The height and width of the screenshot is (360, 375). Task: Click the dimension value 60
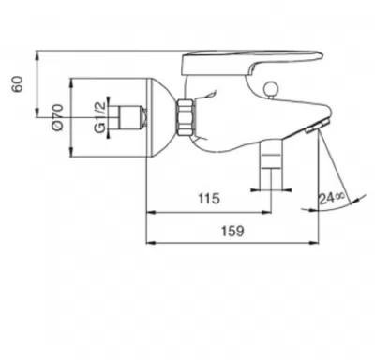[18, 83]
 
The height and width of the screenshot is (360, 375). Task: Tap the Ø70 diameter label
[58, 118]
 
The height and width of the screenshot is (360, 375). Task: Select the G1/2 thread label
[99, 118]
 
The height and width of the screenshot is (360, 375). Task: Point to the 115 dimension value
[209, 199]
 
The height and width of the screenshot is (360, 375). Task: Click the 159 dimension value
[232, 231]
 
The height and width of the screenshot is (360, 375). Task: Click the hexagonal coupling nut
[186, 117]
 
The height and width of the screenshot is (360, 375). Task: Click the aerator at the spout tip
[317, 127]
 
